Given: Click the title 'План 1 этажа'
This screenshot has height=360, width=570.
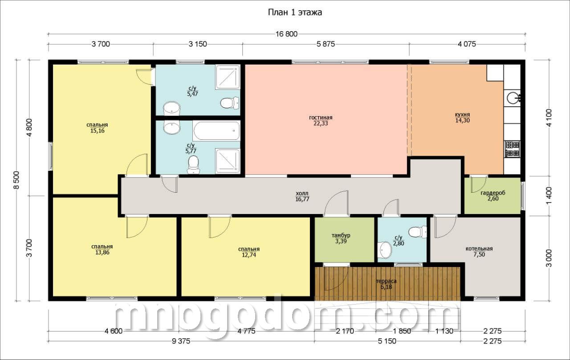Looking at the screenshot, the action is [295, 12].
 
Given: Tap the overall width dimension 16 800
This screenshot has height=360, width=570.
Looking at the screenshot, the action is [286, 34].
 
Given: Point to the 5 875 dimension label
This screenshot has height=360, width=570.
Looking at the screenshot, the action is [326, 44].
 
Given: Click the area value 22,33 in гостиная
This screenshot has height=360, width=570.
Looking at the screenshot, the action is [321, 124].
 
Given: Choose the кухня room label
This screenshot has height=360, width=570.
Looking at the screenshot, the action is [462, 114].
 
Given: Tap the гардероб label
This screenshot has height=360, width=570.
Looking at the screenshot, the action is [493, 193].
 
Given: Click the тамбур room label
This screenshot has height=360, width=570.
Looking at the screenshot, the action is [341, 235].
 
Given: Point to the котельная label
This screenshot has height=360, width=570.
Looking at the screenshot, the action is [479, 249].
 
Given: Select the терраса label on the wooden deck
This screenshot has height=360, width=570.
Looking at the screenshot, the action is [386, 281].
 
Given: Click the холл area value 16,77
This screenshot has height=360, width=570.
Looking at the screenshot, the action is [302, 199].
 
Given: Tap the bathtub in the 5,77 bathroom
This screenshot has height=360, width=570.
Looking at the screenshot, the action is [216, 131].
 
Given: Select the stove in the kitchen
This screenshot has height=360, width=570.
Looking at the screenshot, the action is [512, 149].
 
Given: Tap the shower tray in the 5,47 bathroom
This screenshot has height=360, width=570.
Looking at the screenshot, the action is [228, 77].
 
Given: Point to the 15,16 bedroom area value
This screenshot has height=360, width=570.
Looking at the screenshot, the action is [98, 131].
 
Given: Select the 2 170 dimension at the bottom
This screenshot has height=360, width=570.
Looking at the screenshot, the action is [345, 331].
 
